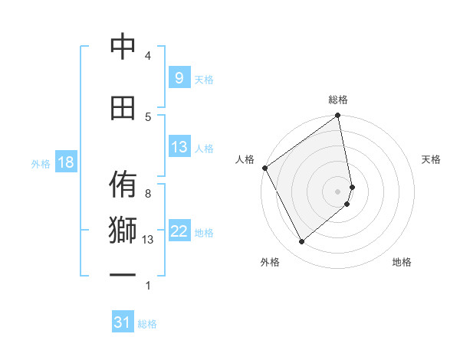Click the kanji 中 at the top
123,47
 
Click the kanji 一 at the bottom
123,277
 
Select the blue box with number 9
179,78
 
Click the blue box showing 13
179,147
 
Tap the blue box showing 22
179,231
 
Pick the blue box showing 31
122,322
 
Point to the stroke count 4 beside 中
148,55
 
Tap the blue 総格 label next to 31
147,324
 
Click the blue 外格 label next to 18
41,163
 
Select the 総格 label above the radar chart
338,100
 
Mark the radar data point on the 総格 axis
338,116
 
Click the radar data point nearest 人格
264,168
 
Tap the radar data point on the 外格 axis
301,242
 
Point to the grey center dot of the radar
338,191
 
